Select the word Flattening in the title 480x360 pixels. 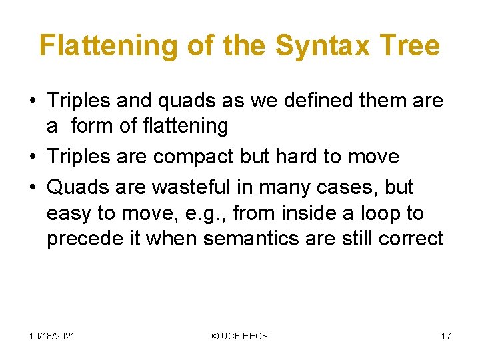[109, 45]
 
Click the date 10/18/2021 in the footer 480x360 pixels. [51, 336]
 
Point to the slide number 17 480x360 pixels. [446, 336]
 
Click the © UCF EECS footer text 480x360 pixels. [239, 336]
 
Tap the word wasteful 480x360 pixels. [199, 187]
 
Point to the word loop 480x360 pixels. [385, 213]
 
